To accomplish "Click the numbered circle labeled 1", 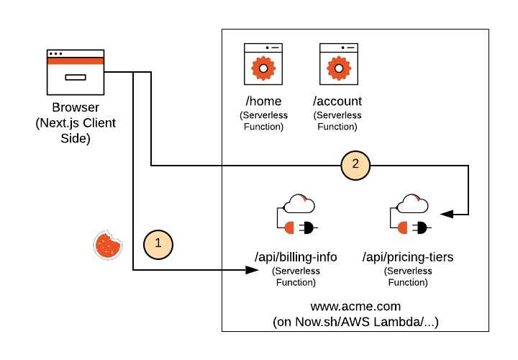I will coord(158,244).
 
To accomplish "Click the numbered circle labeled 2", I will coord(355,165).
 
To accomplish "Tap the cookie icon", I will coord(108,245).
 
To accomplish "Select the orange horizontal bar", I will coord(76,61).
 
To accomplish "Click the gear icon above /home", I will coord(263,68).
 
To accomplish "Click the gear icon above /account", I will coord(338,68).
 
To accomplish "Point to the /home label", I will coord(263,101).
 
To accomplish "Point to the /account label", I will coord(337,101).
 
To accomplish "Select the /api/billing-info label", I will coord(296,257).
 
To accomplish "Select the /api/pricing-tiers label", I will coord(408,257).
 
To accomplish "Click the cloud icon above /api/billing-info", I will coord(299,204).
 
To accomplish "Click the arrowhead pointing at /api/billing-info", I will coord(252,270).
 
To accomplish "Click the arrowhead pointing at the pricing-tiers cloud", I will coord(447,214).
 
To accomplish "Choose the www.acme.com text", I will coord(355,307).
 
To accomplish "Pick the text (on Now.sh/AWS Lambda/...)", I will coord(355,322).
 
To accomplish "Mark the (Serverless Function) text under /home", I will coord(263,121).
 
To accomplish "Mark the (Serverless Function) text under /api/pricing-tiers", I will coord(408,277).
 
